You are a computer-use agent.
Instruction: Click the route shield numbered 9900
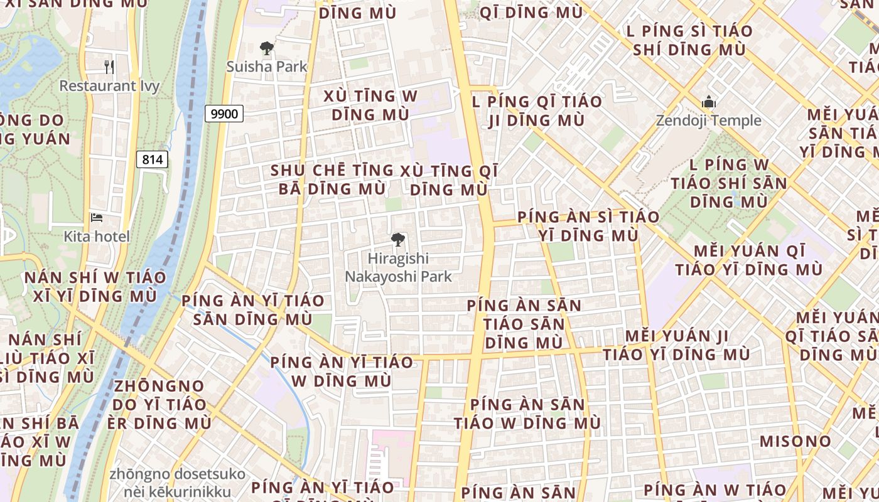point(224,114)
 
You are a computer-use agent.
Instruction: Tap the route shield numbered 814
point(153,159)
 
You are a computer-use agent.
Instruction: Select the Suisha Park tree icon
point(267,48)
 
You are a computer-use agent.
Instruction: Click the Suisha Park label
point(267,67)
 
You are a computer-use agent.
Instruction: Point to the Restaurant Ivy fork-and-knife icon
point(109,67)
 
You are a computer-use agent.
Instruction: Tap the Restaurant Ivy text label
point(109,86)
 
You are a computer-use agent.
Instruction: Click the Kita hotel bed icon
point(97,218)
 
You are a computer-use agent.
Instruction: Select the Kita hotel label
point(97,237)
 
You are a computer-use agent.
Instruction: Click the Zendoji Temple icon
point(709,102)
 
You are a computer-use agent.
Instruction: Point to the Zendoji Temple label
point(709,120)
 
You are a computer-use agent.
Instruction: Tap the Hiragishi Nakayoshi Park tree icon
point(397,239)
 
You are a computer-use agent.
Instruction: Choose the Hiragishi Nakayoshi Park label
point(397,267)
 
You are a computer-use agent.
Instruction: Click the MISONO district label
point(795,441)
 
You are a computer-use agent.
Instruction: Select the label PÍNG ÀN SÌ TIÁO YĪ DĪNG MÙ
point(588,226)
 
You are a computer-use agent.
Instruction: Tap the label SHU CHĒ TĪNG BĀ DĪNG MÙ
point(332,179)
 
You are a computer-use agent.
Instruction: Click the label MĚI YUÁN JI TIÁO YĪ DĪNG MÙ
point(677,345)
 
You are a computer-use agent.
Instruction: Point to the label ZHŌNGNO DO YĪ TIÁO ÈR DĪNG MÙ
point(159,404)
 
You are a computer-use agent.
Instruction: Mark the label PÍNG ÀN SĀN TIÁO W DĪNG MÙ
point(527,414)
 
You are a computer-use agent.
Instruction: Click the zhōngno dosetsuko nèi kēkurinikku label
point(169,483)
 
